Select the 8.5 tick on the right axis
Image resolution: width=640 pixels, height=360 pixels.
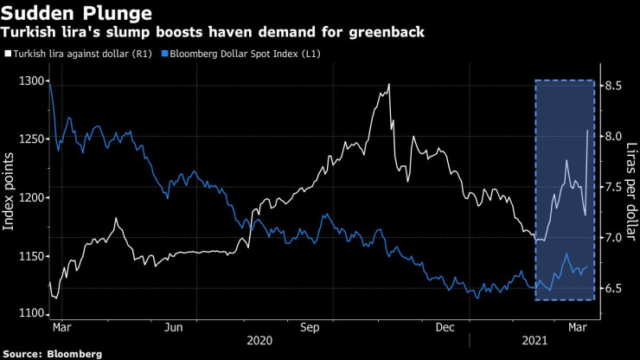point(613,86)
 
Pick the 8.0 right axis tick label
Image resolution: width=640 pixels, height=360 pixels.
point(613,136)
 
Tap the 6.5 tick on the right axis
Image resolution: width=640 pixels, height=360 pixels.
point(613,287)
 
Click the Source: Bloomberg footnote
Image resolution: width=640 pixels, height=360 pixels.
point(53,353)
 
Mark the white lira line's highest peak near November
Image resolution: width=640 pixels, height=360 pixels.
point(389,85)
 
